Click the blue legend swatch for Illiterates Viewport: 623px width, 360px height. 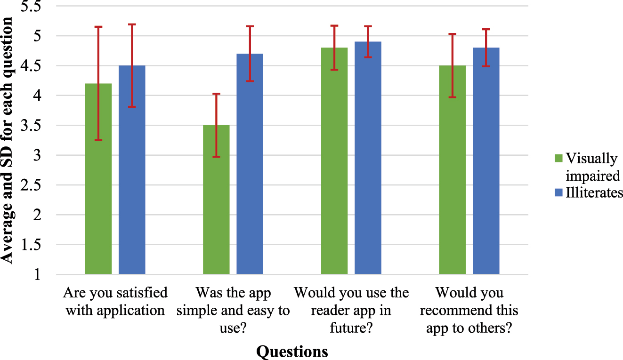[x=559, y=192]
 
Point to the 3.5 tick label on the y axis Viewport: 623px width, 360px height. [x=31, y=126]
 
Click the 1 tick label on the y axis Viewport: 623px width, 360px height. [x=37, y=275]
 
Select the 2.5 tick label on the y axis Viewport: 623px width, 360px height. [x=31, y=185]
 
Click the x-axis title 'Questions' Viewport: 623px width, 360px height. [x=292, y=351]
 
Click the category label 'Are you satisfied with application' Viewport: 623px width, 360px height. [x=115, y=302]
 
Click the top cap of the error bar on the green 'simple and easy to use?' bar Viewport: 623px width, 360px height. [x=216, y=94]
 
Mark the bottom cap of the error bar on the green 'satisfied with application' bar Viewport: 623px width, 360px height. [x=98, y=140]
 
